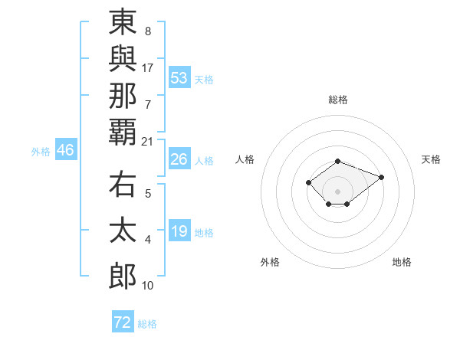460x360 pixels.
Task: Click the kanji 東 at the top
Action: (123, 23)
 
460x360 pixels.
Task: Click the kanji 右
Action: (123, 188)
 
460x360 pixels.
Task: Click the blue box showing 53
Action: (179, 77)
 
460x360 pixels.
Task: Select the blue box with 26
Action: (179, 159)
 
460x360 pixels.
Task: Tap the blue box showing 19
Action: (179, 231)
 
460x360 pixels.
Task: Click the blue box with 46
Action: (65, 150)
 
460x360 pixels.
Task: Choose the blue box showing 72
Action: (123, 322)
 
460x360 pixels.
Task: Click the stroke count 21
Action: (147, 141)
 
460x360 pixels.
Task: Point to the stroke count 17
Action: (147, 67)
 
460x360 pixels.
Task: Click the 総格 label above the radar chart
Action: (338, 100)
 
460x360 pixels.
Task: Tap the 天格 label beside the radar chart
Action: (432, 159)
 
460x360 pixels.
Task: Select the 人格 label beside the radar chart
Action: (245, 159)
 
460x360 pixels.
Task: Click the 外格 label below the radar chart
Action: (270, 262)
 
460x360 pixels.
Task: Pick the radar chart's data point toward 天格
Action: (381, 177)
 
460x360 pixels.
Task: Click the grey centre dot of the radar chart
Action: (338, 191)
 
